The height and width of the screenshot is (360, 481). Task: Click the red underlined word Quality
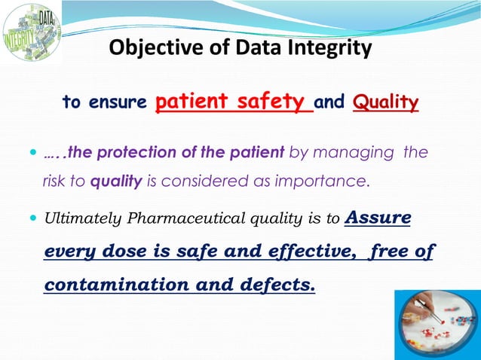(385, 102)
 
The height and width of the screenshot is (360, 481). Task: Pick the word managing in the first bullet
(361, 153)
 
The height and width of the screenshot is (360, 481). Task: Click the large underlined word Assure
(377, 218)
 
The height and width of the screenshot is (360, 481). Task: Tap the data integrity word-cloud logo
(32, 32)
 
